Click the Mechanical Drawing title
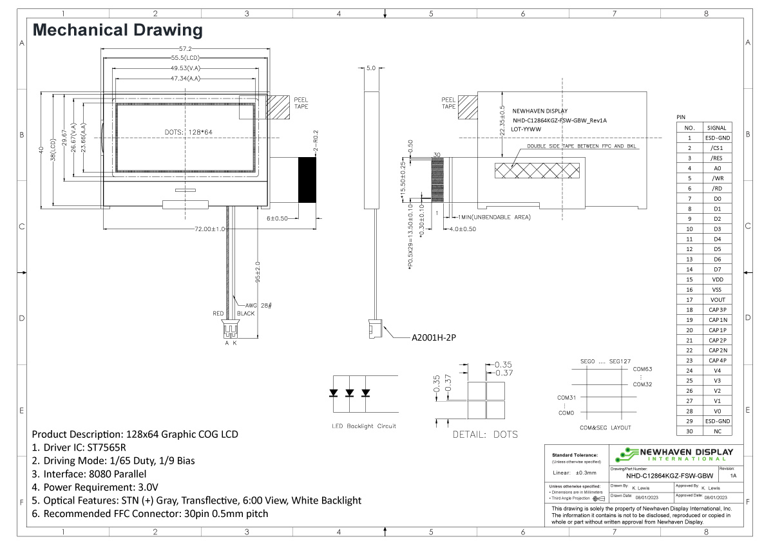[x=118, y=30]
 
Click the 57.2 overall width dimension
[x=186, y=49]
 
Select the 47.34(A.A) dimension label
[x=185, y=79]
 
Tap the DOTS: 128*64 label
[x=189, y=132]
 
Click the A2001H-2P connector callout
[x=434, y=337]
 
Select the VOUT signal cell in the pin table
[x=717, y=299]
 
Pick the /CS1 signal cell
[x=717, y=148]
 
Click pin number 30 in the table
[x=689, y=431]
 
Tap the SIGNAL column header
[x=717, y=127]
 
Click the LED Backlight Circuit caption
[x=364, y=426]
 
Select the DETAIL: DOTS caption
[x=485, y=435]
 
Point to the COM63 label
[x=642, y=369]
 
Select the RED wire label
[x=218, y=314]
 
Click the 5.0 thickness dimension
[x=370, y=68]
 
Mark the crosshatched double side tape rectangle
[x=537, y=171]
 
